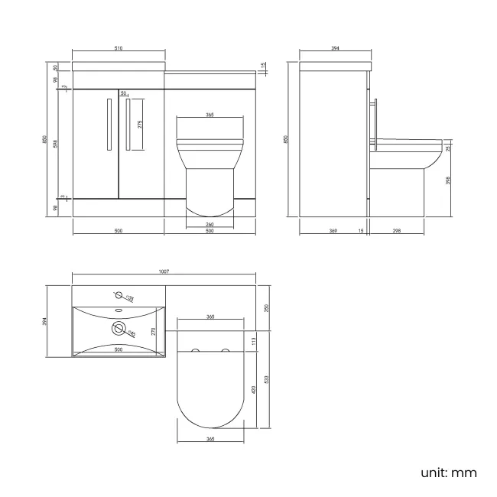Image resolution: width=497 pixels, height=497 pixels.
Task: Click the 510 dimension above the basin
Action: click(x=119, y=49)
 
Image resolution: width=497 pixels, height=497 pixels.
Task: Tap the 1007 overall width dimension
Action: click(x=164, y=271)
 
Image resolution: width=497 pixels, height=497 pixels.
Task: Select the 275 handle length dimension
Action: click(x=140, y=125)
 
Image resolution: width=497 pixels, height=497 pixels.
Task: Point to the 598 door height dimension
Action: click(x=56, y=143)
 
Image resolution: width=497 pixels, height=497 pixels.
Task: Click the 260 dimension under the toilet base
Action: click(x=210, y=224)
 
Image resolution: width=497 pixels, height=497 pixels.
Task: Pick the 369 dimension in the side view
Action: click(x=333, y=231)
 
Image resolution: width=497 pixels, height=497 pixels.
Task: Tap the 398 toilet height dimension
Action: click(x=448, y=180)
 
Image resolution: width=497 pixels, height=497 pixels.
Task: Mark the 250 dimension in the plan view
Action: click(x=265, y=307)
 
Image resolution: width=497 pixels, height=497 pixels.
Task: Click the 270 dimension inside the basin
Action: click(x=154, y=331)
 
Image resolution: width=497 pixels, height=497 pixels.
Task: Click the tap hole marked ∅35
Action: click(x=119, y=294)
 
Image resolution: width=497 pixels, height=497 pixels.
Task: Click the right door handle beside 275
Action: click(x=128, y=125)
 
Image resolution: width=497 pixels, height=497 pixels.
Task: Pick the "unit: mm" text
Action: click(x=448, y=472)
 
